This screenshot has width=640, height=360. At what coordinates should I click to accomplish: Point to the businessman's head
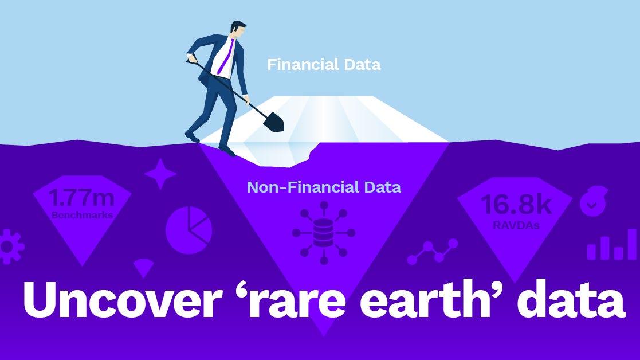pyautogui.click(x=238, y=30)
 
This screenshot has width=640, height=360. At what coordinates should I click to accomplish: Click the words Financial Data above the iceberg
pyautogui.click(x=324, y=64)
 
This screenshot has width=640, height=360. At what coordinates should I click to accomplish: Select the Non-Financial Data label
pyautogui.click(x=324, y=187)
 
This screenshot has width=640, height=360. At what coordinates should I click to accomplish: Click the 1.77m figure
pyautogui.click(x=81, y=198)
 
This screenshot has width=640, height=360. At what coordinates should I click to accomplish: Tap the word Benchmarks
pyautogui.click(x=82, y=215)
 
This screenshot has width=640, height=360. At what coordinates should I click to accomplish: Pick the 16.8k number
pyautogui.click(x=516, y=204)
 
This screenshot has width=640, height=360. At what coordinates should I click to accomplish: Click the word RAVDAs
pyautogui.click(x=516, y=225)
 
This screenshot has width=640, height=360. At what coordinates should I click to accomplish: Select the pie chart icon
pyautogui.click(x=189, y=230)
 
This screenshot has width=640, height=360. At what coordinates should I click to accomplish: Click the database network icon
pyautogui.click(x=324, y=233)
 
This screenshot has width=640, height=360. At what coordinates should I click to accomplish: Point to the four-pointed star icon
pyautogui.click(x=160, y=174)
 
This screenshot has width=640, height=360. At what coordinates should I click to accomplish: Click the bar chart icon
pyautogui.click(x=611, y=245)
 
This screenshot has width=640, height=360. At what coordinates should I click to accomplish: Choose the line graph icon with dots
pyautogui.click(x=433, y=252)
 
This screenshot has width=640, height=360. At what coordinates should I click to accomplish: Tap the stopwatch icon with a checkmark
pyautogui.click(x=594, y=201)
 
